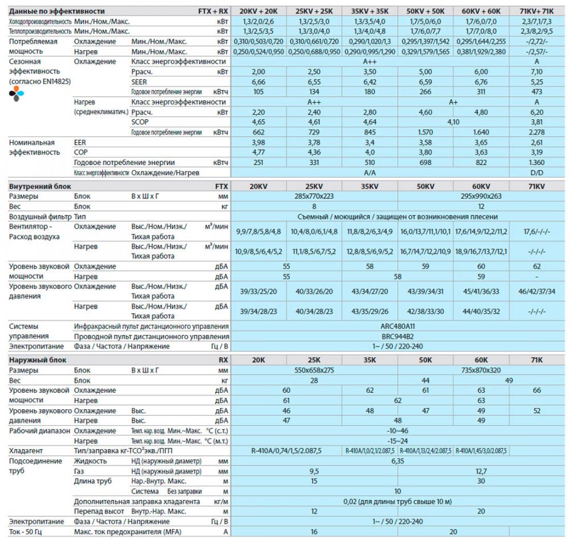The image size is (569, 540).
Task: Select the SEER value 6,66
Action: click(x=258, y=81)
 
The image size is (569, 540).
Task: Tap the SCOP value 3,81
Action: click(x=537, y=122)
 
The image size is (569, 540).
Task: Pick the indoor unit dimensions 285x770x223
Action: click(x=314, y=197)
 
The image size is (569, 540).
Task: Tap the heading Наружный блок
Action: click(x=38, y=360)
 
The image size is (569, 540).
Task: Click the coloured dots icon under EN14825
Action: click(x=17, y=94)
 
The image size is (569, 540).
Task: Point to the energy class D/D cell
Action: click(x=537, y=172)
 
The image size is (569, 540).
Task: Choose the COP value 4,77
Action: click(x=258, y=152)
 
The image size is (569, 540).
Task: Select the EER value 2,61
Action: click(x=537, y=142)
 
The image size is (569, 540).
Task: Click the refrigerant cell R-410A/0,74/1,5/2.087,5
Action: click(x=286, y=451)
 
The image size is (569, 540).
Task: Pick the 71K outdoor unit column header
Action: click(x=537, y=360)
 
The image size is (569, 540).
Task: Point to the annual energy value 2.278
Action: click(x=537, y=132)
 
